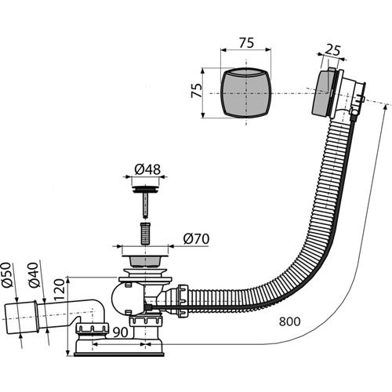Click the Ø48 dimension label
point(147,169)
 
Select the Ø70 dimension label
point(196,238)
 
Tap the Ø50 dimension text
point(7,274)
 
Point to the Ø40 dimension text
point(34,275)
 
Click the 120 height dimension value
point(59,289)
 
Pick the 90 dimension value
point(121,332)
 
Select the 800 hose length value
point(289,321)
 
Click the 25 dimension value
point(332,50)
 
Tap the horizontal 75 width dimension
point(246,43)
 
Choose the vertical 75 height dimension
point(197,90)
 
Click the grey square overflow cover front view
point(245,93)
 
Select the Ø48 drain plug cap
point(145,189)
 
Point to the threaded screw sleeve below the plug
point(145,234)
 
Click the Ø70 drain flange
point(145,258)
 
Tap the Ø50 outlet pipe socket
point(22,318)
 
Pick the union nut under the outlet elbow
point(92,328)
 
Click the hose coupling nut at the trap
point(183,300)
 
